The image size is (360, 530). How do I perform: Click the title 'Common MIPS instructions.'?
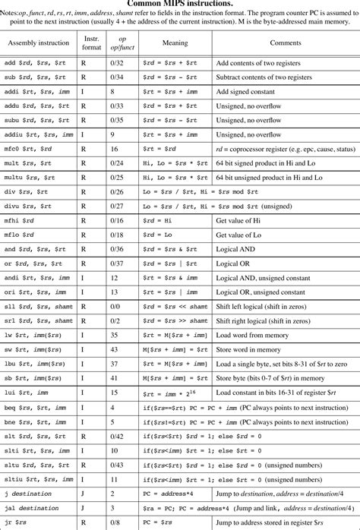pos(180,5)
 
